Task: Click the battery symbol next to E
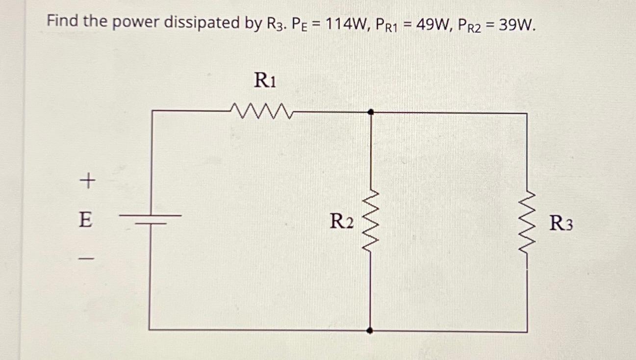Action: point(151,219)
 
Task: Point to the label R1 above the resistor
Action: point(265,80)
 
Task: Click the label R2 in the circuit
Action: point(341,222)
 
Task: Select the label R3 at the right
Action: point(560,224)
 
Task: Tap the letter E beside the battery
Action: point(85,220)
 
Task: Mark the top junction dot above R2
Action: point(371,112)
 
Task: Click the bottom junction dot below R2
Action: point(370,331)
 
